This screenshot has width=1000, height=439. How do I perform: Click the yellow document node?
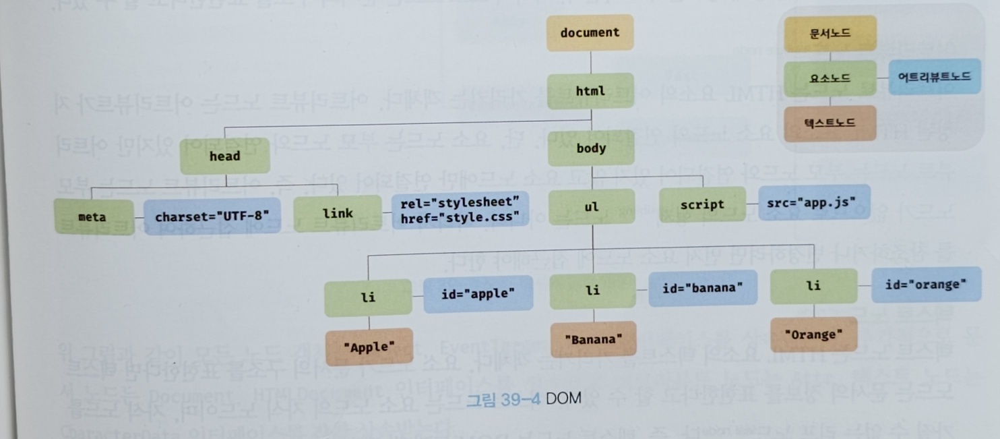[x=590, y=33]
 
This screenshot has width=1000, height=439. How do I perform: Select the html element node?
[x=590, y=91]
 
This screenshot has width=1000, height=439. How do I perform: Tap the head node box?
[x=224, y=156]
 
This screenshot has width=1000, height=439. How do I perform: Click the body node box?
[x=591, y=148]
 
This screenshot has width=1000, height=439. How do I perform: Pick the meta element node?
[x=93, y=216]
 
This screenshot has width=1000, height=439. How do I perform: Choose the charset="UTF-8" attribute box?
[x=212, y=216]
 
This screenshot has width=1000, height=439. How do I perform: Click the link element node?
[x=338, y=213]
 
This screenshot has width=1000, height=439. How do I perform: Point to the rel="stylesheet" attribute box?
[x=460, y=210]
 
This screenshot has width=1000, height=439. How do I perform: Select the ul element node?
[x=592, y=207]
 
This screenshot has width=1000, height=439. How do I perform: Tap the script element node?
[x=702, y=204]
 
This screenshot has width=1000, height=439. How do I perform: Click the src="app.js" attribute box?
[x=814, y=202]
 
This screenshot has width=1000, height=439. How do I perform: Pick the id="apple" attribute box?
[x=478, y=294]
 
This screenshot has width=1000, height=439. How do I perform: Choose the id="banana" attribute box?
[x=702, y=289]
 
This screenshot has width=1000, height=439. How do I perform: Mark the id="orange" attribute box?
[x=926, y=285]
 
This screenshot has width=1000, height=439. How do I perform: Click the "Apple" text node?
[x=369, y=347]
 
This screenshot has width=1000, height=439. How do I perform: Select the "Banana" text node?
[x=593, y=340]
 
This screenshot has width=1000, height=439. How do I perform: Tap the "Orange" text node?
[x=814, y=334]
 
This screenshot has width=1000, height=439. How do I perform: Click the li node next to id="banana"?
[x=592, y=291]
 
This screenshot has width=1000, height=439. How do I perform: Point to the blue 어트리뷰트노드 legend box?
[x=934, y=77]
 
